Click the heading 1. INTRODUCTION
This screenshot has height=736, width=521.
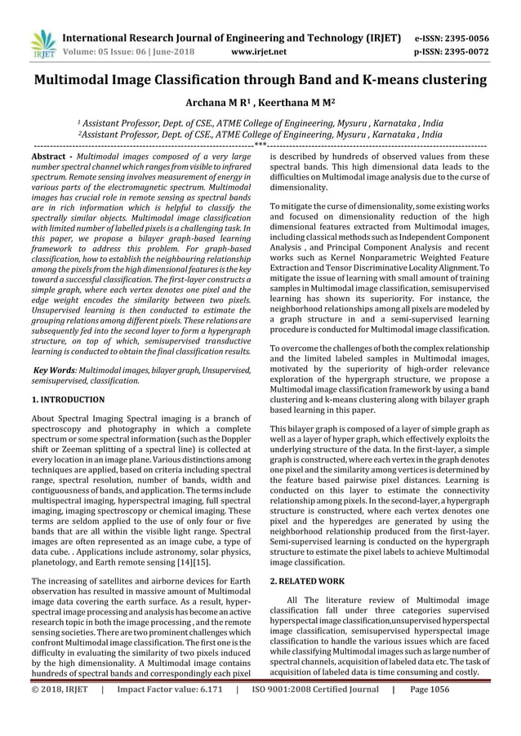[x=68, y=400]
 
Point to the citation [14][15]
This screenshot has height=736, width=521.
[x=217, y=562]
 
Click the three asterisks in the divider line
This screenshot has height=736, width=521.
[x=260, y=144]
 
